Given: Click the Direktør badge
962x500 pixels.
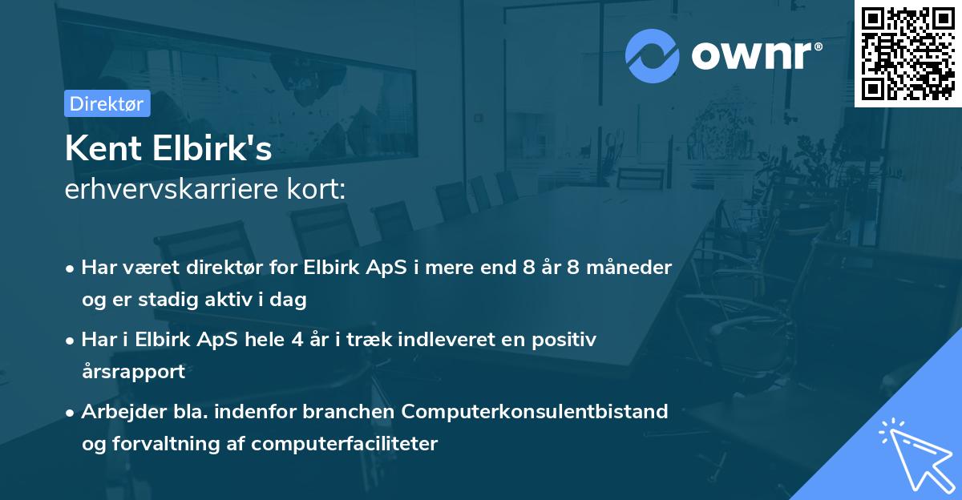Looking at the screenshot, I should [x=107, y=103].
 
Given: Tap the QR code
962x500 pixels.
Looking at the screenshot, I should [x=907, y=53].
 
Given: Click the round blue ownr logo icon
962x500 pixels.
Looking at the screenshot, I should [x=653, y=55].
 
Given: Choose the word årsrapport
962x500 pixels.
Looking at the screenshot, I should [x=133, y=372].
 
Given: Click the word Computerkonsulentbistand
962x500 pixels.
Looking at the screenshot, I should [x=535, y=411].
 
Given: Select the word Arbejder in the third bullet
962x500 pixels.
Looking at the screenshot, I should [x=117, y=411].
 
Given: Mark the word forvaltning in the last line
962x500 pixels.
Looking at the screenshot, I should [x=166, y=444].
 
